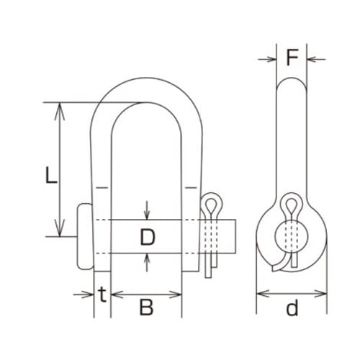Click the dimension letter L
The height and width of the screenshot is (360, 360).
pyautogui.click(x=51, y=176)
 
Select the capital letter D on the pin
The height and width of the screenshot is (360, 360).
pyautogui.click(x=148, y=237)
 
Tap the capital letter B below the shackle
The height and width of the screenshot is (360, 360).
pyautogui.click(x=146, y=307)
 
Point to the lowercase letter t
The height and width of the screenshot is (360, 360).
pyautogui.click(x=102, y=294)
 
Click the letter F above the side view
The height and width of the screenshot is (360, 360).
pyautogui.click(x=292, y=57)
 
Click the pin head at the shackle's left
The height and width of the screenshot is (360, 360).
pyautogui.click(x=84, y=236)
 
